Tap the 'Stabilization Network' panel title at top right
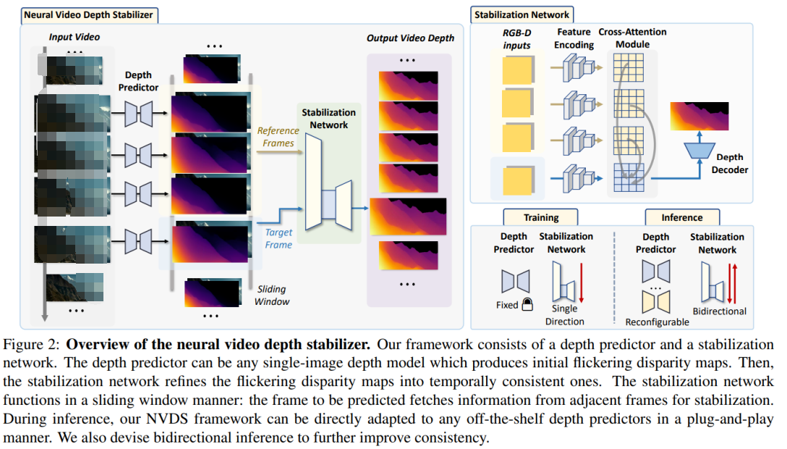[522, 14]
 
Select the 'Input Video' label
[75, 37]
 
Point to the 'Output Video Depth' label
[411, 38]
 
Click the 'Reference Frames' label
[278, 137]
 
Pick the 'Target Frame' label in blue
[278, 239]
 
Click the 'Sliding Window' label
[273, 295]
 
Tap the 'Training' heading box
[541, 217]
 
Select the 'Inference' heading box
[681, 217]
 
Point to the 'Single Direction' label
[566, 315]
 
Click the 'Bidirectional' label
[719, 311]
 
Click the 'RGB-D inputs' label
[516, 39]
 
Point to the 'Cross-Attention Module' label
[632, 38]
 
